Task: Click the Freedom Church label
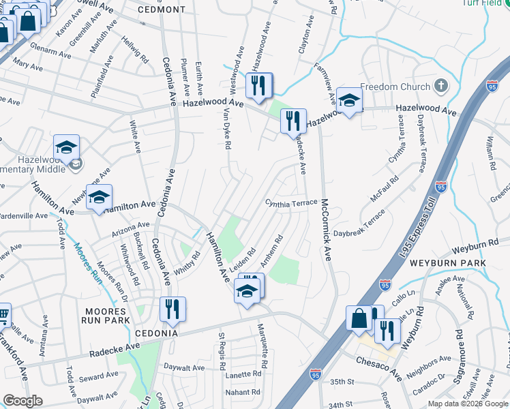(x=395, y=87)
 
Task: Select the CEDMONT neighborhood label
(x=161, y=10)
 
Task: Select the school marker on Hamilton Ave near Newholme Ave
(x=99, y=197)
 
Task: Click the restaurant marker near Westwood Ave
(x=259, y=85)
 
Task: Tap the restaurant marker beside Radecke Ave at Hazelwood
(x=294, y=121)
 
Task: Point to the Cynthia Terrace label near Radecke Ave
(x=291, y=203)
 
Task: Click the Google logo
(x=22, y=401)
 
